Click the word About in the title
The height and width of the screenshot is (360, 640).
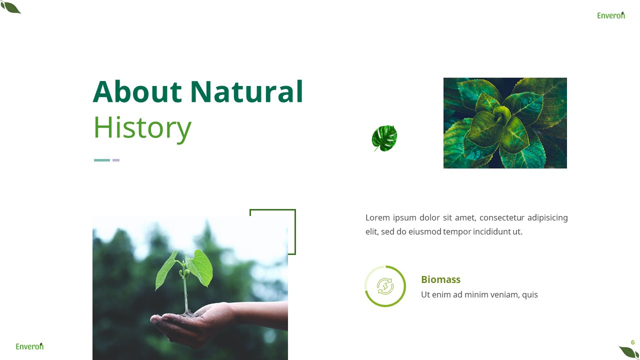tap(137, 92)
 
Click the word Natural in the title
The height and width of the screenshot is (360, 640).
tap(246, 92)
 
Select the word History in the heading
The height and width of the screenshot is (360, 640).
tap(142, 128)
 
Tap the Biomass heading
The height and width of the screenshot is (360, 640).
tap(440, 279)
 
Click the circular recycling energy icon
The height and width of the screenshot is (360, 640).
tap(385, 286)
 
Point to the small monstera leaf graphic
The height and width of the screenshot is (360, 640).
tap(384, 138)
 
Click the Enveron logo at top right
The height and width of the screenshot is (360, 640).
tap(610, 15)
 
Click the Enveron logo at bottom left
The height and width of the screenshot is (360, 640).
tap(29, 346)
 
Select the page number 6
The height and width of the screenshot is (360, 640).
tap(632, 342)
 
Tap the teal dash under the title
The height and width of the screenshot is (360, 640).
tap(102, 160)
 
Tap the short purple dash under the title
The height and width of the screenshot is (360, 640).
tap(116, 160)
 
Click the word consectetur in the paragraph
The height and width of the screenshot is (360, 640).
tap(501, 217)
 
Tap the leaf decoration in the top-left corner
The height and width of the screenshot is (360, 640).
tap(10, 7)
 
